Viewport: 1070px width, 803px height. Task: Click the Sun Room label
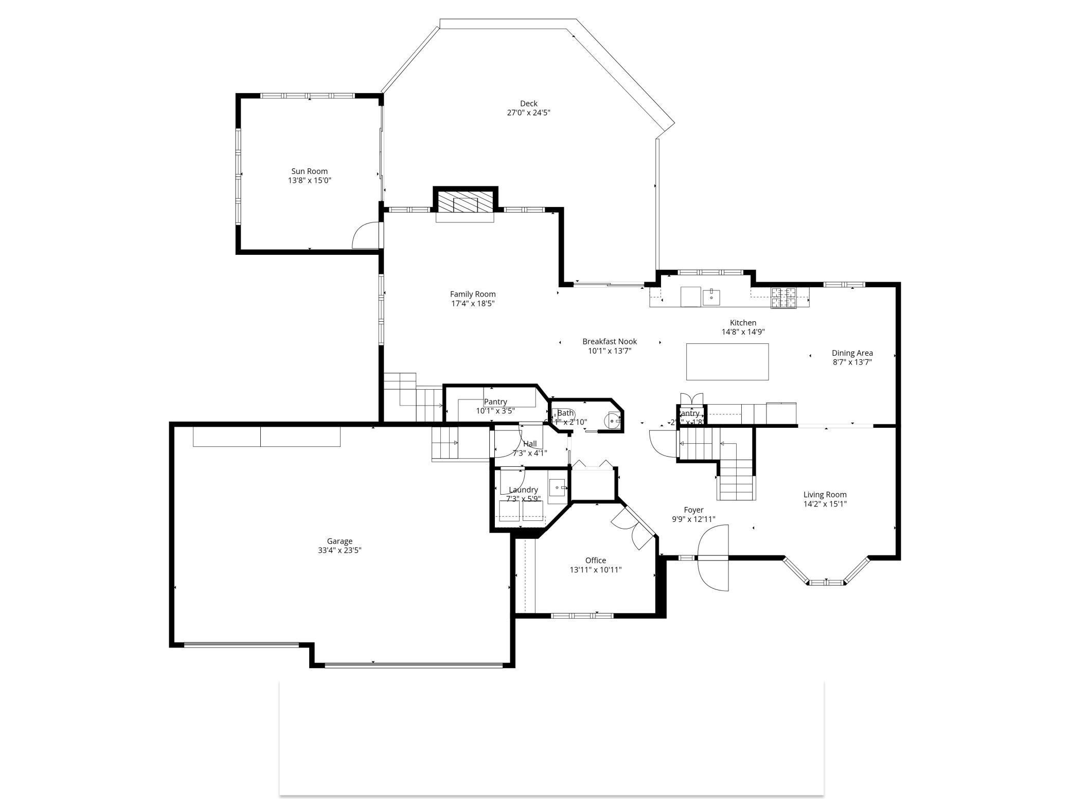[309, 171]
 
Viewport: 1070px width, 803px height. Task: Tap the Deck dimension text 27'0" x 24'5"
[528, 113]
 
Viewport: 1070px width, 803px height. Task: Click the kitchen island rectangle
[727, 362]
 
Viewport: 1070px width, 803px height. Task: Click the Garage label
[340, 541]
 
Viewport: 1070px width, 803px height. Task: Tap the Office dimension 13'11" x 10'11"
[595, 570]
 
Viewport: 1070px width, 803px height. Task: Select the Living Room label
[825, 495]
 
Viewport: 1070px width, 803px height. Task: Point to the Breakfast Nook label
[609, 341]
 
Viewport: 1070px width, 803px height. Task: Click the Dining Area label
[852, 353]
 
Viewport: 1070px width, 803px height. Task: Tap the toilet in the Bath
[614, 421]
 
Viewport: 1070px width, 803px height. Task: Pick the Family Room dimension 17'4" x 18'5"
[473, 304]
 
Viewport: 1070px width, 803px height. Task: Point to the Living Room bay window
[826, 578]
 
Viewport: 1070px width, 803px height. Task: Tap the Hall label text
[530, 444]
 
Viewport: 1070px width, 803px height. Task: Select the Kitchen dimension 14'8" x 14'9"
[743, 332]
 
